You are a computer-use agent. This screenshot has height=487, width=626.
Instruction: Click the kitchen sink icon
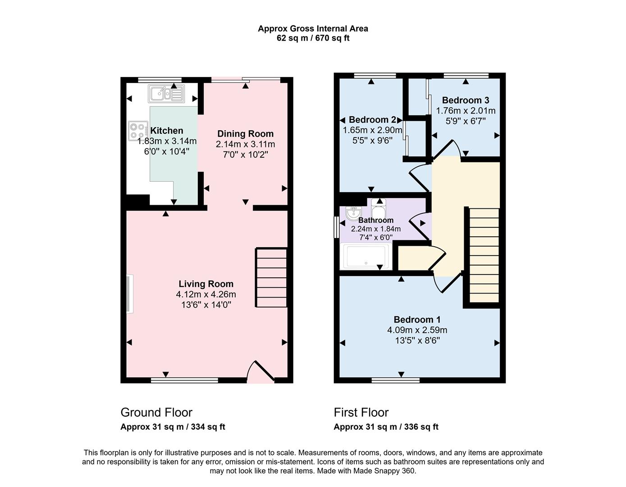166,94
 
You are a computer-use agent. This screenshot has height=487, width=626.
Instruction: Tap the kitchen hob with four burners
138,130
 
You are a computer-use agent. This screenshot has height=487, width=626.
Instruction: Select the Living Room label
206,284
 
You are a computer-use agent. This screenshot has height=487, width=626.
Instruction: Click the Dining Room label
245,133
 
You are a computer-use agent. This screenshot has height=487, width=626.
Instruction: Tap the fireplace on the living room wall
129,294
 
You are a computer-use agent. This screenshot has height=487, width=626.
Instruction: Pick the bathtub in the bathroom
366,256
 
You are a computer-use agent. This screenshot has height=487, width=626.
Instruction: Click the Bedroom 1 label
417,319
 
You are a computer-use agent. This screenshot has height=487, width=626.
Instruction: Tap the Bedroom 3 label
465,100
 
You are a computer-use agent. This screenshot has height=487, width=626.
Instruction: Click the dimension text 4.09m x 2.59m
417,330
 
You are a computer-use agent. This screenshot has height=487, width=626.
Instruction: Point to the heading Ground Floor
156,412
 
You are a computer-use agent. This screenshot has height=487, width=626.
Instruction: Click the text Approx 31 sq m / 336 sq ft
386,427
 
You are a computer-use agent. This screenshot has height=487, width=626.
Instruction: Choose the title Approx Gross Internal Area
313,28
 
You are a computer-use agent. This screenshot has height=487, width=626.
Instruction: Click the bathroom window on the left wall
336,227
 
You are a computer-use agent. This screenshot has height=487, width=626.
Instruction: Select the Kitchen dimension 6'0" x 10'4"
167,152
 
